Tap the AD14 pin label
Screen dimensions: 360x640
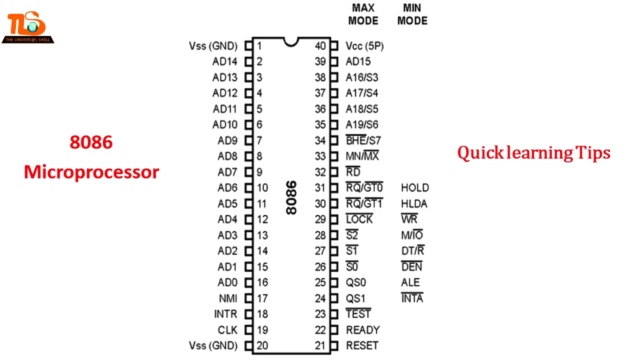(x=224, y=62)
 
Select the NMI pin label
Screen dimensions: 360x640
(x=228, y=298)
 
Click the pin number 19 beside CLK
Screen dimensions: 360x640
(x=262, y=330)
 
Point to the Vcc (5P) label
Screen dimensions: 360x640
(x=364, y=46)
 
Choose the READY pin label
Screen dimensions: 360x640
(x=362, y=330)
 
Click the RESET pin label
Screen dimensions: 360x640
(x=362, y=345)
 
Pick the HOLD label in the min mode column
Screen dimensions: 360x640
(x=414, y=188)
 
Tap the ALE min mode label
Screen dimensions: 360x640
(x=410, y=282)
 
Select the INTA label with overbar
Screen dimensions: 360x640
(x=412, y=298)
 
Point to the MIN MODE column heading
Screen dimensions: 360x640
(x=412, y=14)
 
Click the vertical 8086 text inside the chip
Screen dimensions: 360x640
(x=291, y=197)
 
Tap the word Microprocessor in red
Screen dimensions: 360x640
(x=91, y=172)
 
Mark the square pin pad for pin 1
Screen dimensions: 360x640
(x=248, y=46)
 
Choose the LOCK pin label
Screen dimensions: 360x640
(x=359, y=219)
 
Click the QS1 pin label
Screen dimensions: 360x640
(x=356, y=298)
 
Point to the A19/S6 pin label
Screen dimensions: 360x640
(x=362, y=125)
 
